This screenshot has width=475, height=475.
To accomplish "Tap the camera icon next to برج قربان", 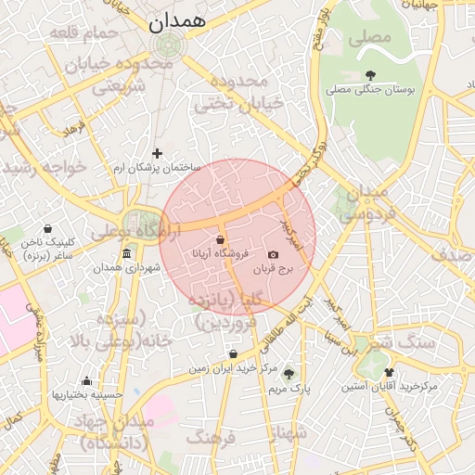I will [x=273, y=255].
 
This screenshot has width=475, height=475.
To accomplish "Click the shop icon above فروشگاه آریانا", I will [x=220, y=239].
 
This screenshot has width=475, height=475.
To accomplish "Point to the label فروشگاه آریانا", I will [x=219, y=253].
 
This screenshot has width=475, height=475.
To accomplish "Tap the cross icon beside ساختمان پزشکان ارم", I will [x=157, y=153].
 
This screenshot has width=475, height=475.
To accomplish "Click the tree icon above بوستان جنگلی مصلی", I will [x=371, y=75].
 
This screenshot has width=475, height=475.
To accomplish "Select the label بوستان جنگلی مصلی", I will [x=370, y=90].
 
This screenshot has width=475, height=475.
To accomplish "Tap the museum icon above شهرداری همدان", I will [x=127, y=254].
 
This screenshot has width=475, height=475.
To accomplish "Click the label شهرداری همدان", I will [x=127, y=268].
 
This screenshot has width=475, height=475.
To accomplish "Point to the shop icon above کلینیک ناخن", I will [x=47, y=229].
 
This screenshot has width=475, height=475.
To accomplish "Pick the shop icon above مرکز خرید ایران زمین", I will [x=232, y=353].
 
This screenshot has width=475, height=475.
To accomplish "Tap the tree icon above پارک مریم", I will [x=289, y=374].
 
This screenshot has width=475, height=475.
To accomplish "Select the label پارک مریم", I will [x=289, y=389].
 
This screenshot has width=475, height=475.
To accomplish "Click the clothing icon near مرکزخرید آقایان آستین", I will [x=389, y=372].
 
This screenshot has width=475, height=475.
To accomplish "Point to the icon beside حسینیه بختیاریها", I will [x=86, y=380].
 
